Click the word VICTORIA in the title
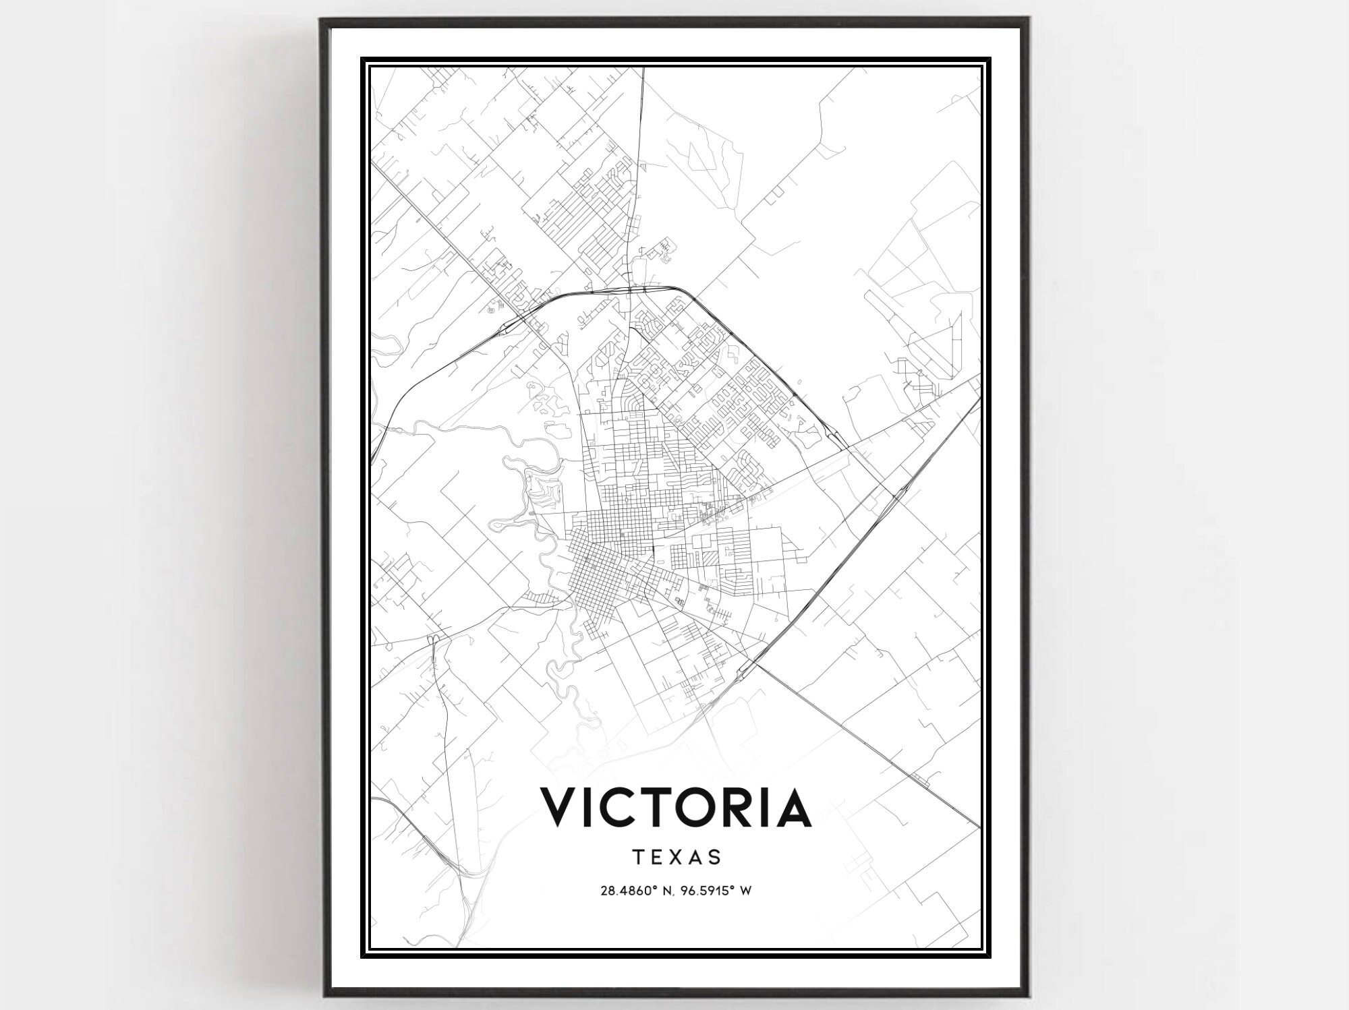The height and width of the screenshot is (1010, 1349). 675,807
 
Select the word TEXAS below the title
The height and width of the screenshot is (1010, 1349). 677,857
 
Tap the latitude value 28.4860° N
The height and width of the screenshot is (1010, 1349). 637,891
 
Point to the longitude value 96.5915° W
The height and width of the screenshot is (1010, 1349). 716,891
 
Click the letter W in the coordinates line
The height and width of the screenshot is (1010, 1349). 745,891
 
